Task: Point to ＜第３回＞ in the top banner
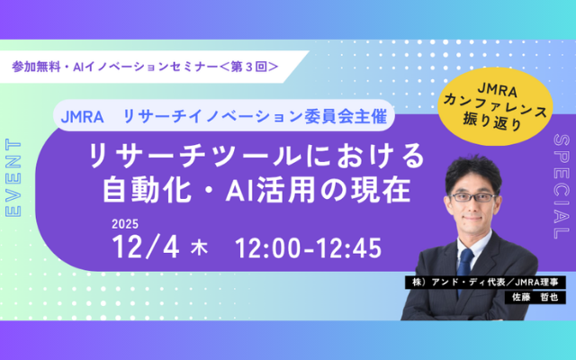244,66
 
